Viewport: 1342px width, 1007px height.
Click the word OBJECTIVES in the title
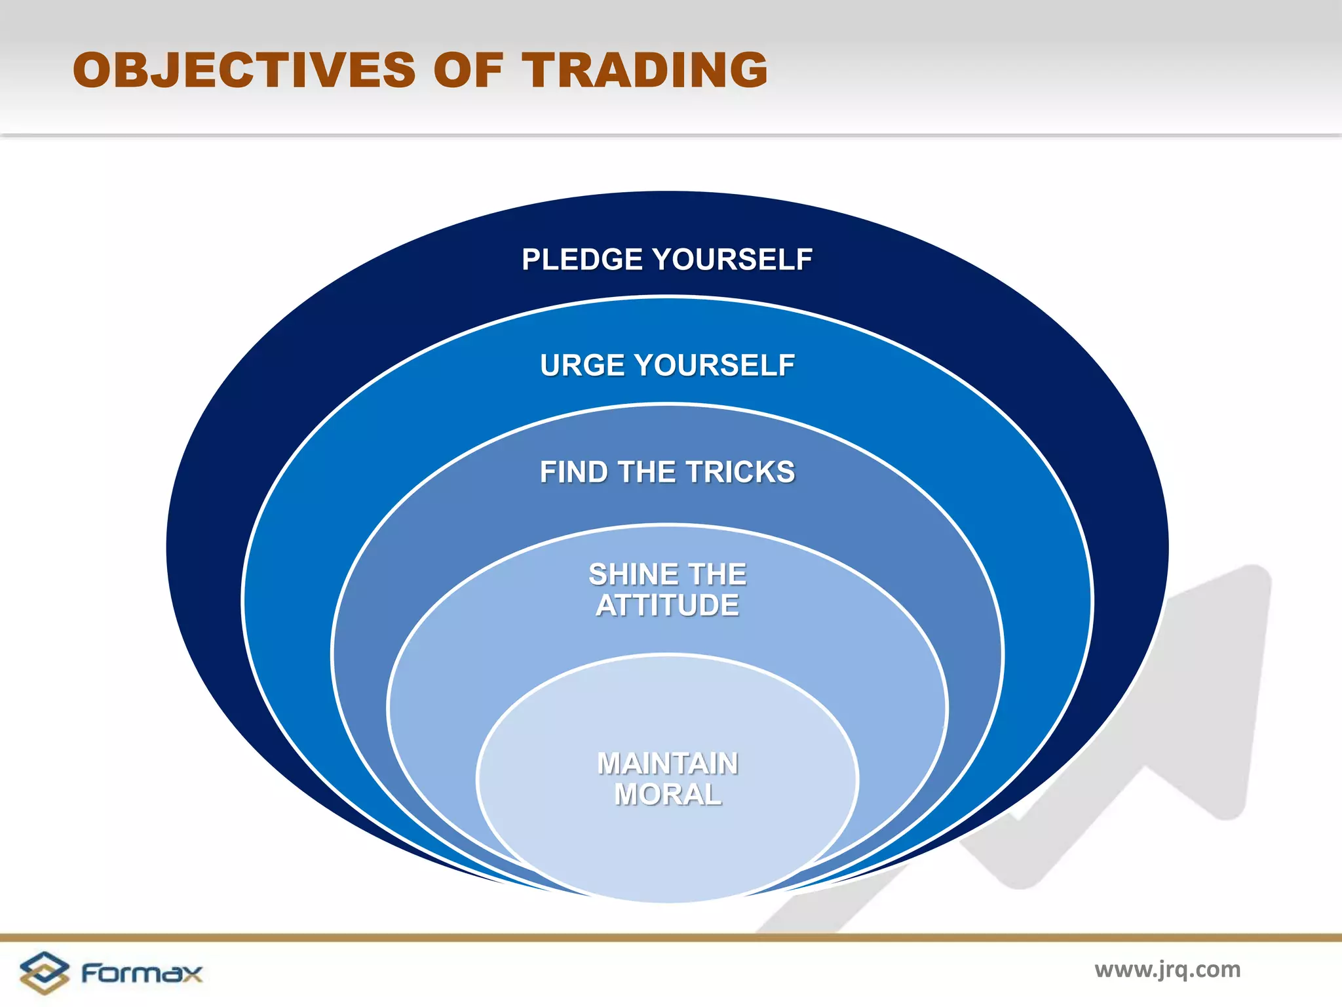pyautogui.click(x=244, y=70)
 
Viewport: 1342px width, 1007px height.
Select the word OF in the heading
pyautogui.click(x=468, y=70)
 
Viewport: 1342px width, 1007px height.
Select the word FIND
pyautogui.click(x=573, y=472)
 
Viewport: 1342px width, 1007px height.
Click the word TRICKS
pyautogui.click(x=740, y=472)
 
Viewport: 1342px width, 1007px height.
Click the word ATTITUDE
pyautogui.click(x=667, y=605)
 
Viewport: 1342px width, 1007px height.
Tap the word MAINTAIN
pyautogui.click(x=667, y=764)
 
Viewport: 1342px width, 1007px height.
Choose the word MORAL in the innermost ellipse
pyautogui.click(x=667, y=795)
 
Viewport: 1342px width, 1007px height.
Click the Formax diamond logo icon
pyautogui.click(x=44, y=972)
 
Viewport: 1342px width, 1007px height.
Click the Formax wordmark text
pyautogui.click(x=142, y=973)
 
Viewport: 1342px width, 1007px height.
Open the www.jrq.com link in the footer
pyautogui.click(x=1167, y=969)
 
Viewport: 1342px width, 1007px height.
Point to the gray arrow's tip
pyautogui.click(x=1255, y=580)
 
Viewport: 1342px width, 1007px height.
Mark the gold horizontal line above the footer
pyautogui.click(x=671, y=938)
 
